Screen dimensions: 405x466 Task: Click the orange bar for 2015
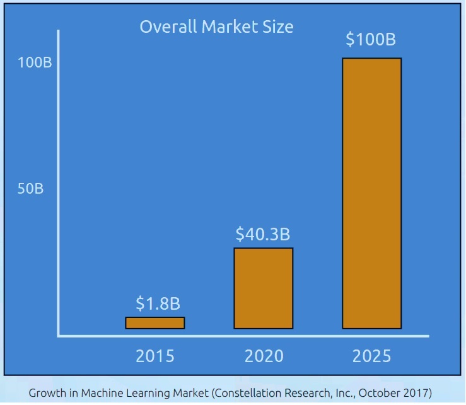coord(155,323)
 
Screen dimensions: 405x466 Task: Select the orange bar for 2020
coord(264,288)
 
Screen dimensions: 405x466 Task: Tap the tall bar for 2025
coord(372,193)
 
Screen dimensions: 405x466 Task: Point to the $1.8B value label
coord(155,304)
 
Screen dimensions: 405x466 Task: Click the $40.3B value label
coord(263,234)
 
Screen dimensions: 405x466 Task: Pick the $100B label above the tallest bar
coord(371,39)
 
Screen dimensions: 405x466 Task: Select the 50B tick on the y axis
coord(30,189)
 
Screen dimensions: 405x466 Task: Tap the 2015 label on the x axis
coord(155,356)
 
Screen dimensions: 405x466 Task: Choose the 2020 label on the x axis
coord(264,356)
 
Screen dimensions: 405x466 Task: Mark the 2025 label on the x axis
coord(372,356)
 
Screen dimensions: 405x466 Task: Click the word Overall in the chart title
coord(166,27)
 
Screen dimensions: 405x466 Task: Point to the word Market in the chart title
coord(230,27)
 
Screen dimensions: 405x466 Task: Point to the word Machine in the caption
coord(101,392)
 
